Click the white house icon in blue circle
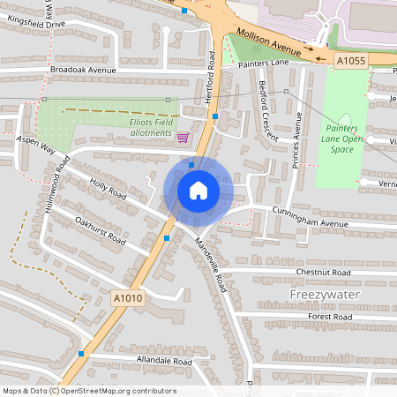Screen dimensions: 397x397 tap(198, 191)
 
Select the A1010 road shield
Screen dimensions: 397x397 tap(127, 300)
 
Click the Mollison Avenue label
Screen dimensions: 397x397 tap(269, 44)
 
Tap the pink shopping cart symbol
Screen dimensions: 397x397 tap(183, 137)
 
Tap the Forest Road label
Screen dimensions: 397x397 tap(331, 316)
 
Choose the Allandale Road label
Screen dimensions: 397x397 tap(159, 362)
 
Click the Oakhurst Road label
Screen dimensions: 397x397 tap(101, 230)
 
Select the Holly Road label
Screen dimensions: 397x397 tap(109, 189)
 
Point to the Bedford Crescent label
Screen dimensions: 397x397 tap(268, 110)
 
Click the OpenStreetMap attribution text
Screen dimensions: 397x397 tap(88, 391)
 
